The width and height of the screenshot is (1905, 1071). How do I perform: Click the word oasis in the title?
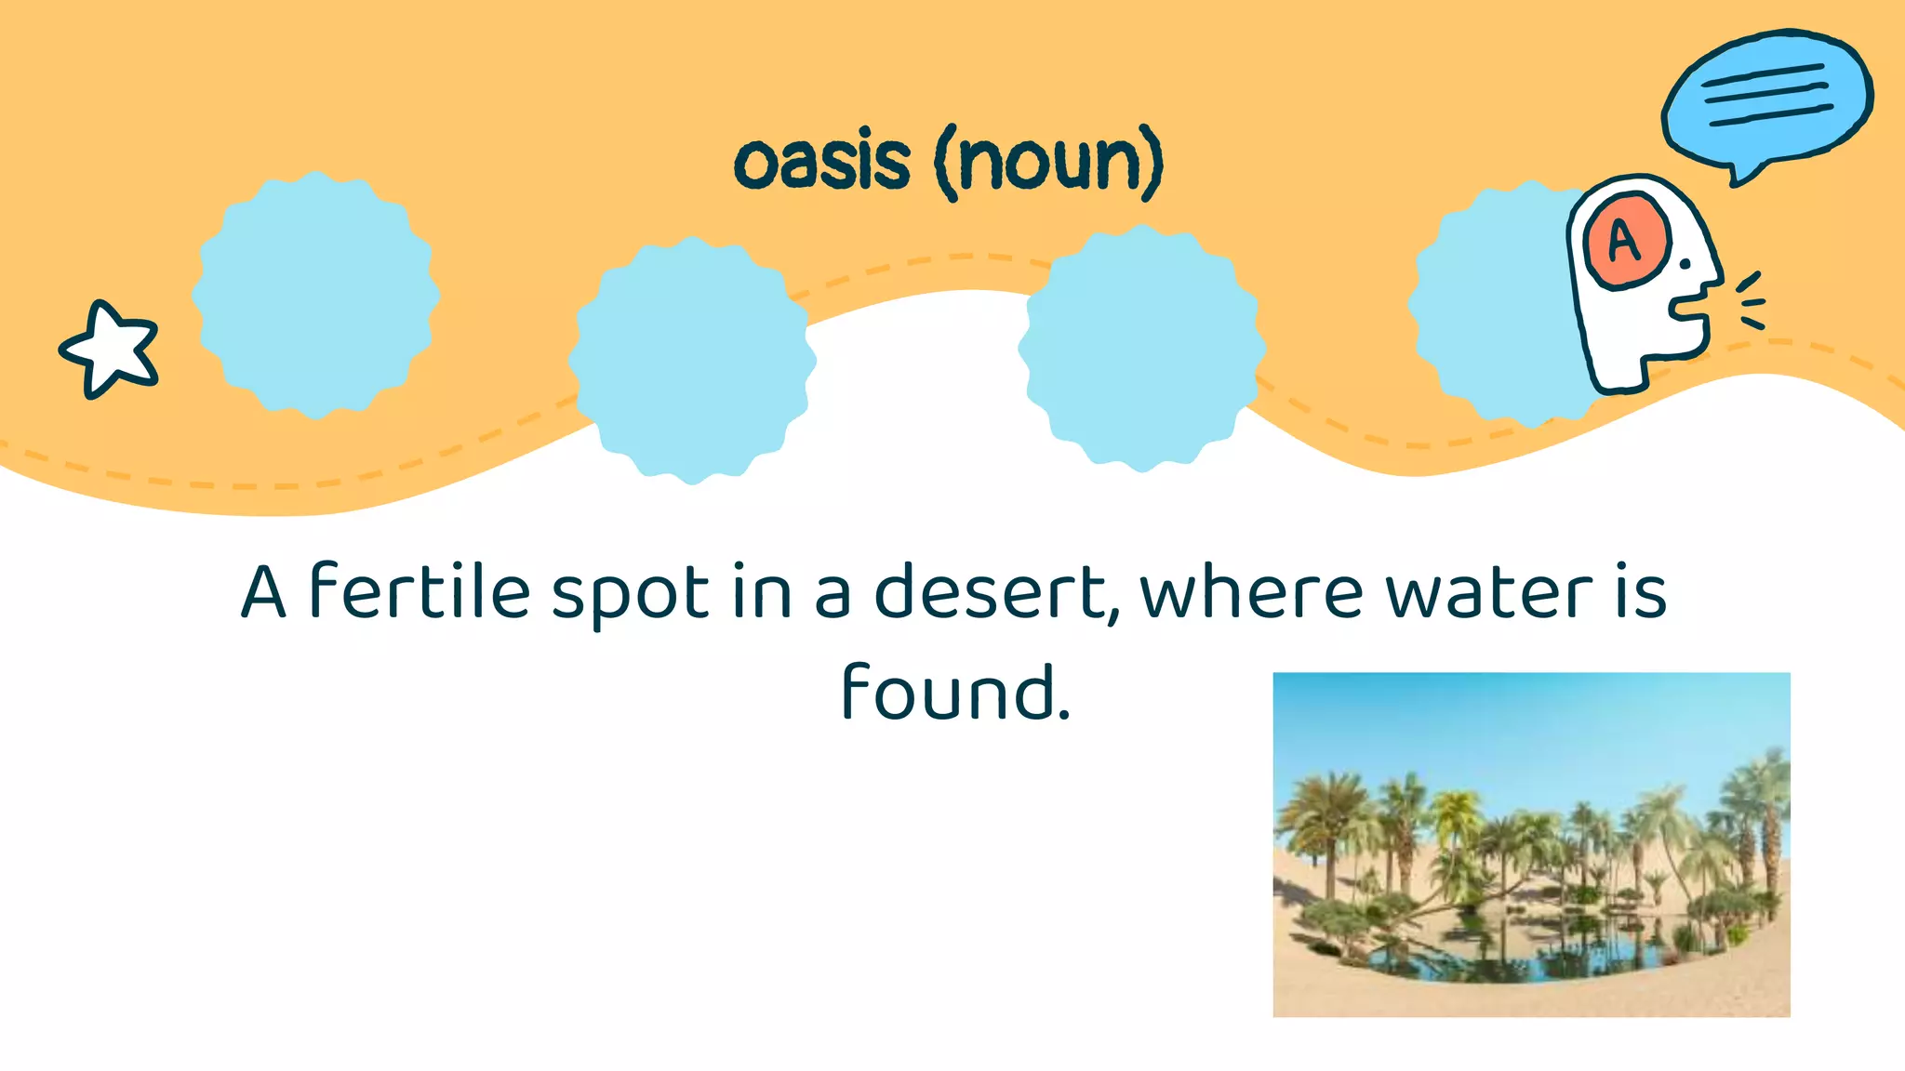pyautogui.click(x=821, y=163)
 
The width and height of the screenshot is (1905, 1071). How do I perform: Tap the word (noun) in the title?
pyautogui.click(x=1049, y=163)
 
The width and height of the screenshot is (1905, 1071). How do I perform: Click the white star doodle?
pyautogui.click(x=110, y=350)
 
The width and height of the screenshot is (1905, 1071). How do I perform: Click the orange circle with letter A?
pyautogui.click(x=1626, y=241)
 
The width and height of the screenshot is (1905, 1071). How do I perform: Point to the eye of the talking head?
pyautogui.click(x=1685, y=264)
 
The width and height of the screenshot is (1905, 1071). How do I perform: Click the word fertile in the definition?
pyautogui.click(x=419, y=591)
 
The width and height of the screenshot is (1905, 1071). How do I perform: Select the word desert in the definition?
pyautogui.click(x=991, y=591)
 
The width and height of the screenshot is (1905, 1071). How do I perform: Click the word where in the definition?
pyautogui.click(x=1251, y=591)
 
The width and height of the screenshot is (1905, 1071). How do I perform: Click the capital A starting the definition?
pyautogui.click(x=263, y=591)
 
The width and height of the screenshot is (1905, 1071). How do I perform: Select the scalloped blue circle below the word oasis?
pyautogui.click(x=692, y=361)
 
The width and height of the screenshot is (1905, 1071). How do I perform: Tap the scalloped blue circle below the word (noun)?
pyautogui.click(x=1142, y=349)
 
